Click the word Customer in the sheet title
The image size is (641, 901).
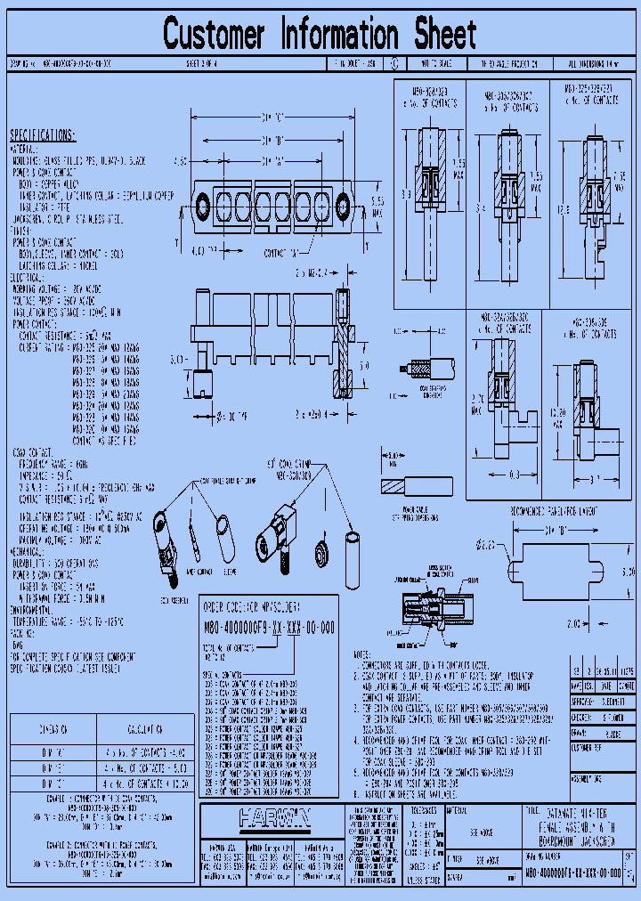point(215,35)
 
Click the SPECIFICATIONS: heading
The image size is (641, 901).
point(43,135)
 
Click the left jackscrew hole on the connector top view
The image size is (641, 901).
point(203,200)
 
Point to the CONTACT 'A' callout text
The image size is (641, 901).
point(280,254)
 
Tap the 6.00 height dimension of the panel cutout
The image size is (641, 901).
point(629,570)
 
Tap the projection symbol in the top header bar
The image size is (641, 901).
point(394,65)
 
